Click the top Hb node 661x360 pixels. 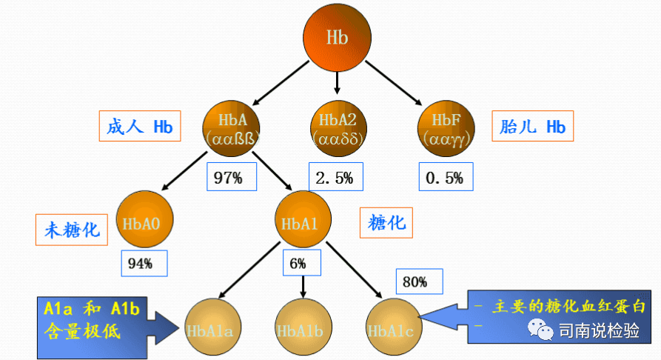click(337, 37)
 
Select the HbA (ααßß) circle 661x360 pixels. click(234, 127)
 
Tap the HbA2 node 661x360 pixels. click(337, 127)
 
